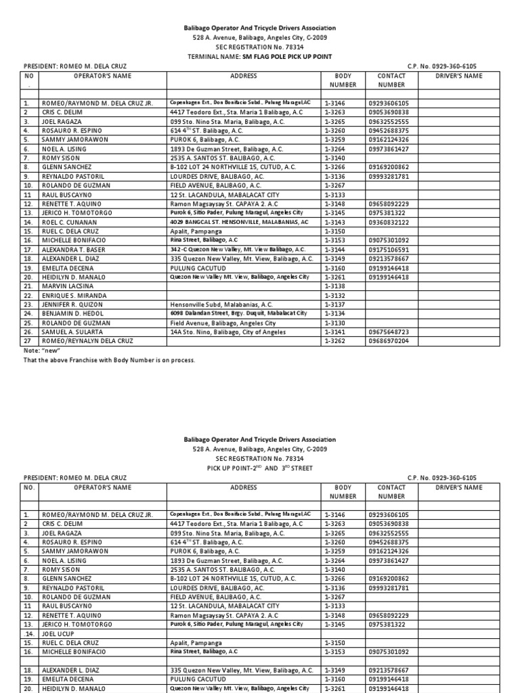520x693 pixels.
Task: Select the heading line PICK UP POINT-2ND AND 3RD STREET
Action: (x=259, y=468)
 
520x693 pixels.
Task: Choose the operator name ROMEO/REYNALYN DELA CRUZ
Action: (x=87, y=341)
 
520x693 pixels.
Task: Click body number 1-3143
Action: (x=335, y=221)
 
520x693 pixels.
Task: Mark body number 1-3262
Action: (x=335, y=341)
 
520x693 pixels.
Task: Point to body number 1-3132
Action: (x=335, y=296)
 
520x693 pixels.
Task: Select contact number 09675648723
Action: (x=389, y=332)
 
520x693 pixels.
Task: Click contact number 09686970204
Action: (x=389, y=341)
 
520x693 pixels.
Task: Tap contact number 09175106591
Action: (x=389, y=249)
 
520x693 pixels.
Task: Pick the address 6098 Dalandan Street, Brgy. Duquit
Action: (x=238, y=314)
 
